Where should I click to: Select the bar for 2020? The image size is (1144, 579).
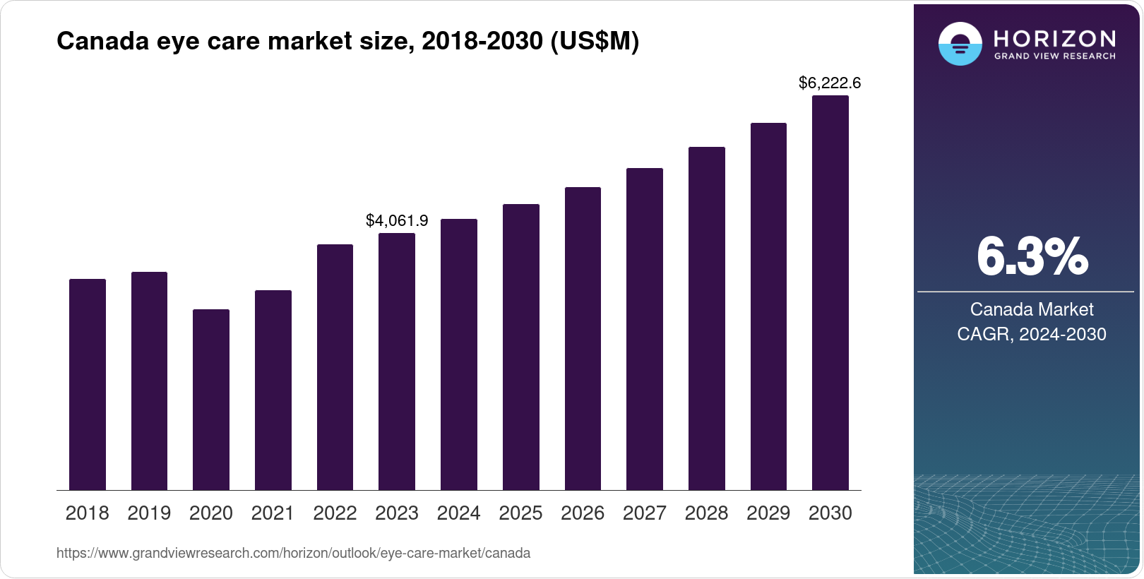click(210, 400)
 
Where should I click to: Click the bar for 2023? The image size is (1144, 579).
click(396, 362)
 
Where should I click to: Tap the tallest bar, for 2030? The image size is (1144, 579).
click(830, 293)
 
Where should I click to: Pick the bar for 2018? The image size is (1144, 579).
click(87, 385)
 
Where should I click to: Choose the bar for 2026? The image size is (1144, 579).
click(583, 339)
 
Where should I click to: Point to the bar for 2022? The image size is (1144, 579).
click(335, 367)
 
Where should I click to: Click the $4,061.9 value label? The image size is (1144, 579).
click(396, 221)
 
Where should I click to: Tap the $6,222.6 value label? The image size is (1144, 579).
click(829, 83)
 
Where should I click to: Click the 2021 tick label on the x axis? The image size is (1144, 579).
click(273, 513)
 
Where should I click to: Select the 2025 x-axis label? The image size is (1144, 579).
click(520, 513)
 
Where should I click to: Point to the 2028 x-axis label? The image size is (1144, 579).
click(706, 513)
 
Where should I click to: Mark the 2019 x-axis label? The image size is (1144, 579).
click(149, 513)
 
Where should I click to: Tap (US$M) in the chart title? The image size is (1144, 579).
click(595, 42)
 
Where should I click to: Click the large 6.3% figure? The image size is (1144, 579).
click(1032, 257)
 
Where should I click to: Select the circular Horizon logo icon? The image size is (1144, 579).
click(960, 44)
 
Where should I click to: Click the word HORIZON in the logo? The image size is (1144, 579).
click(1054, 38)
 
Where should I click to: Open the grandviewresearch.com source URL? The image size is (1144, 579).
click(293, 554)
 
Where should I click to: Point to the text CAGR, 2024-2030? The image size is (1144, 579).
click(1031, 334)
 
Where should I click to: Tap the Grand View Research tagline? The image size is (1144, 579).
click(1054, 56)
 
